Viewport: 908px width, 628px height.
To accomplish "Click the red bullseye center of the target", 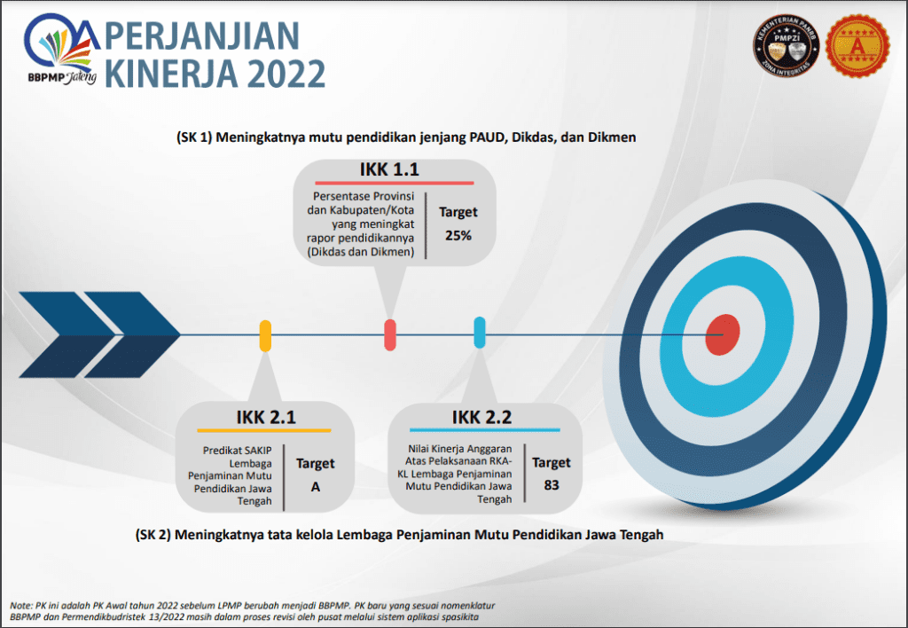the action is click(x=722, y=334).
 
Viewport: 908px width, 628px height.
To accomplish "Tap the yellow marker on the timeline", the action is click(x=264, y=335).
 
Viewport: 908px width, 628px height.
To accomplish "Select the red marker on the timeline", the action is click(x=390, y=334).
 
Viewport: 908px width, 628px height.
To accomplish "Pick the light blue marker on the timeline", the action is click(x=480, y=332).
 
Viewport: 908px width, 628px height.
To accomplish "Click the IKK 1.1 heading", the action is click(x=389, y=169).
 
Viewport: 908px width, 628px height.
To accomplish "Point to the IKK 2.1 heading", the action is click(x=266, y=417).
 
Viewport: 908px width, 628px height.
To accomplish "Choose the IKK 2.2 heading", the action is click(x=481, y=417).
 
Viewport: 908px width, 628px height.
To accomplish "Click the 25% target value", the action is click(x=458, y=235).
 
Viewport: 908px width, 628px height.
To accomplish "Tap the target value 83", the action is click(x=552, y=485).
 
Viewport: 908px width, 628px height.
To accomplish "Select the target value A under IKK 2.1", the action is click(x=315, y=487).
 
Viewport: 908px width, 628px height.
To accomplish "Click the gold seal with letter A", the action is click(x=857, y=46).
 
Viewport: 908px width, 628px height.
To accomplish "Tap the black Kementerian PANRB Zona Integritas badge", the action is click(x=786, y=46).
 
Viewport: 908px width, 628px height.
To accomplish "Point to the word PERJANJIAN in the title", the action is click(x=202, y=35).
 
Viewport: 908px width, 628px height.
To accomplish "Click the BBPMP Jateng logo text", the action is click(x=62, y=78).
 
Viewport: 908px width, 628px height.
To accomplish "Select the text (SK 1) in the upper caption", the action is click(x=194, y=137).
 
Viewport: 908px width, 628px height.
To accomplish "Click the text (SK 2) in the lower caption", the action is click(x=153, y=534).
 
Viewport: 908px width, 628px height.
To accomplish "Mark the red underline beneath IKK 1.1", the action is click(x=395, y=183).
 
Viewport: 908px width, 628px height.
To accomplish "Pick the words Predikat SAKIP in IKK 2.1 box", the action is click(x=237, y=450).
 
